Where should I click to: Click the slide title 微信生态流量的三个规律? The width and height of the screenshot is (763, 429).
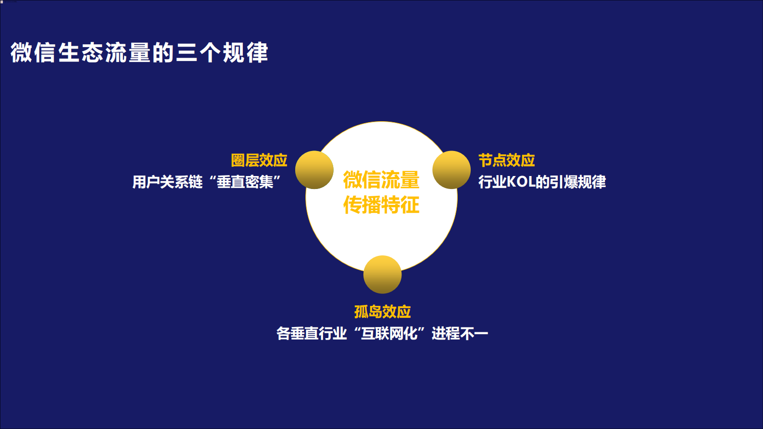point(139,52)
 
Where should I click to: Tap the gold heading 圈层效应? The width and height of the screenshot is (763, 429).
point(259,160)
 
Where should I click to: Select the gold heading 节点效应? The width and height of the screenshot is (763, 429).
point(506,160)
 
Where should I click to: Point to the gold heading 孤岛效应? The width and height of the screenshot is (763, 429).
point(382,312)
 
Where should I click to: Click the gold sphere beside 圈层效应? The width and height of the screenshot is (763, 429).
point(314,170)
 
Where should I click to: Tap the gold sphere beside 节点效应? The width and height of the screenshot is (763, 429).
point(451,170)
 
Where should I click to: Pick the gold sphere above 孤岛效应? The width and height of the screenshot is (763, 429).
point(382,274)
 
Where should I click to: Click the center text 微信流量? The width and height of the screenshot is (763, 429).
point(381,180)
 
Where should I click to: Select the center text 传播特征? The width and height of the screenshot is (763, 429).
point(381,205)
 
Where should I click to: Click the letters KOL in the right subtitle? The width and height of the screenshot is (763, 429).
point(521,182)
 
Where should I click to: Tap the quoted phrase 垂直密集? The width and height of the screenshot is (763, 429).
point(245,182)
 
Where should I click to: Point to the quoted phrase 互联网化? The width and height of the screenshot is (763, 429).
point(389,333)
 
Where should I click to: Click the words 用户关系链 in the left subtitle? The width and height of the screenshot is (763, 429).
point(167,182)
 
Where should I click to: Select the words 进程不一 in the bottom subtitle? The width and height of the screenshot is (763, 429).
point(460,333)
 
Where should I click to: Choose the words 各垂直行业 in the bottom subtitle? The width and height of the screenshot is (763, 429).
point(312,333)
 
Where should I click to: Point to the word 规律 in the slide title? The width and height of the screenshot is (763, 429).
point(245,52)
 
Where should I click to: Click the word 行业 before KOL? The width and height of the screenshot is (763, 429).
point(492,182)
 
